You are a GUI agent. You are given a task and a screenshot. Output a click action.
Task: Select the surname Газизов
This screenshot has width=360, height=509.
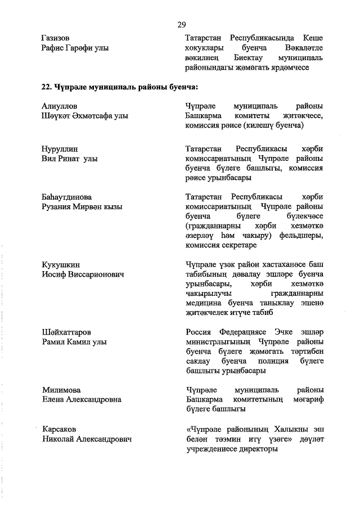click(x=56, y=38)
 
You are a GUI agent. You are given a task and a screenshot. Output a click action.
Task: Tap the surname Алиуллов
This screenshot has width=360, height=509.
click(x=60, y=106)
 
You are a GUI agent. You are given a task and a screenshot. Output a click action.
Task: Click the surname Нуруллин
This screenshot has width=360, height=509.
click(x=60, y=149)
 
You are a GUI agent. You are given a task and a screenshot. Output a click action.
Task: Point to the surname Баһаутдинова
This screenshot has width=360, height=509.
click(x=66, y=197)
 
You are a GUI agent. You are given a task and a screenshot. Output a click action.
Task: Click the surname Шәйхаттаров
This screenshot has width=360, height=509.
click(x=66, y=332)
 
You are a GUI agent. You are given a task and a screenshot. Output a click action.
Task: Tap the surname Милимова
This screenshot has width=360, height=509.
click(x=61, y=390)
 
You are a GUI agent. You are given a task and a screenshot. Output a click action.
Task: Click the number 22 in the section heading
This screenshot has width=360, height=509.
click(x=47, y=87)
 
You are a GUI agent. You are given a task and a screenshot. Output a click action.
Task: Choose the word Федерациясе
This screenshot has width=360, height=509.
click(x=243, y=332)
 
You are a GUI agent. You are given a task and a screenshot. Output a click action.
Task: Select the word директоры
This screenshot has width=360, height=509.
click(x=258, y=449)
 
